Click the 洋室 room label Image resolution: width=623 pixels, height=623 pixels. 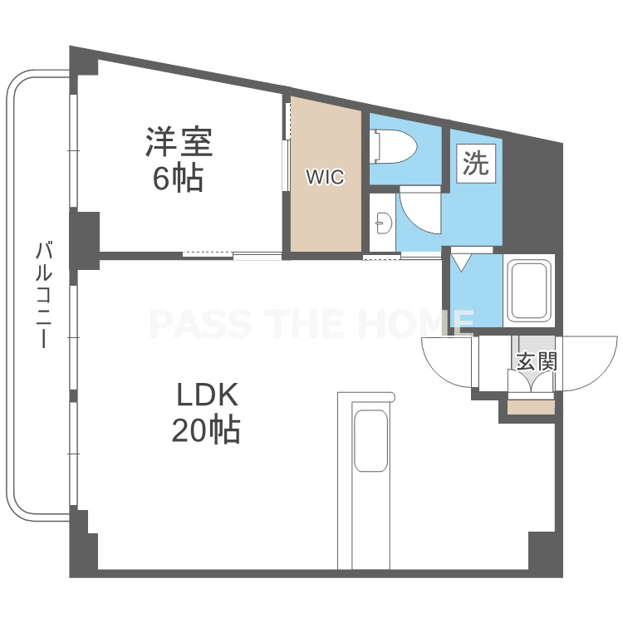point(179,142)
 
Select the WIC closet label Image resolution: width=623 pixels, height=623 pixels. point(325,177)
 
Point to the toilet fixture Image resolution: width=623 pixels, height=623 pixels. point(393,146)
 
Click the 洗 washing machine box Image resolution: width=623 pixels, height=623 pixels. point(476,164)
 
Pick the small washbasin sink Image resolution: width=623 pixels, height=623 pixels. point(384,223)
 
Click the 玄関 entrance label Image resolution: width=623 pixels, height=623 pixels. point(537,361)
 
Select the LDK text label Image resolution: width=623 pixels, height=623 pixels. point(207,394)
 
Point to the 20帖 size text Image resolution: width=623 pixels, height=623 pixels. point(206,429)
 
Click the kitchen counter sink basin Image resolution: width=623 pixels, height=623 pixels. point(370,440)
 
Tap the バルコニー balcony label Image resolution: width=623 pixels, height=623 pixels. point(43,294)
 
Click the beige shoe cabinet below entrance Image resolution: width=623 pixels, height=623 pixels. point(531,407)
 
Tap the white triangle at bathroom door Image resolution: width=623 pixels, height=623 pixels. point(461,262)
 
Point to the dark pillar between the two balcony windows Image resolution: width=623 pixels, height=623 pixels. point(84,241)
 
